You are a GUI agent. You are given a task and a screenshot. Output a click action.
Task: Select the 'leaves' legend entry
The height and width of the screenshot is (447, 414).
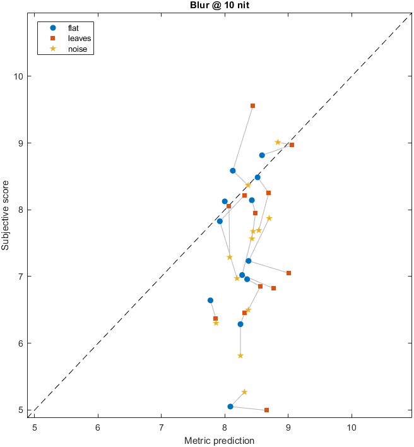point(79,39)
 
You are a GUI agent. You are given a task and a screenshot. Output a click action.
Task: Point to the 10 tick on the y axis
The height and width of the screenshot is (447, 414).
point(20,76)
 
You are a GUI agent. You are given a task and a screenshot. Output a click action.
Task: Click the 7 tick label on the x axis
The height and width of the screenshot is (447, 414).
point(161,426)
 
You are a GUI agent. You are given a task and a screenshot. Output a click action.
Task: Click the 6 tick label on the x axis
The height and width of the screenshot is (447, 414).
point(98,426)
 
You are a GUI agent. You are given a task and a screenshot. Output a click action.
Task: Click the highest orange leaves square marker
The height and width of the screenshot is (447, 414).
point(252,106)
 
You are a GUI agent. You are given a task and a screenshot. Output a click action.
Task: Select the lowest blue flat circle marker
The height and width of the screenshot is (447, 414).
point(230,407)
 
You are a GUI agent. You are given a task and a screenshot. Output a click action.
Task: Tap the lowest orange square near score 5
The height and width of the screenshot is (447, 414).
point(266,410)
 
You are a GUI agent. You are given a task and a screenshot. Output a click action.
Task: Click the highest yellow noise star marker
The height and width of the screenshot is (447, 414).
point(278,142)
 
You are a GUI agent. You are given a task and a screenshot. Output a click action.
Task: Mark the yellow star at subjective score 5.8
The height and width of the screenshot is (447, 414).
point(240,355)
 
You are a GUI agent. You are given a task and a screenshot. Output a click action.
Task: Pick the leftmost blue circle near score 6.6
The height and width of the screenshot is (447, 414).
point(210,301)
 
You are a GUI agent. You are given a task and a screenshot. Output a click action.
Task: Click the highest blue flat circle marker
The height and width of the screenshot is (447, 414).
point(262,155)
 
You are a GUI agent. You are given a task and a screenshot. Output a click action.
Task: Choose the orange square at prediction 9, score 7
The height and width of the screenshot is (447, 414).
point(288,273)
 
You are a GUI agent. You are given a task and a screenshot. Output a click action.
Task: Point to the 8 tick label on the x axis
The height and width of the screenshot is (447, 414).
point(225,426)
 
